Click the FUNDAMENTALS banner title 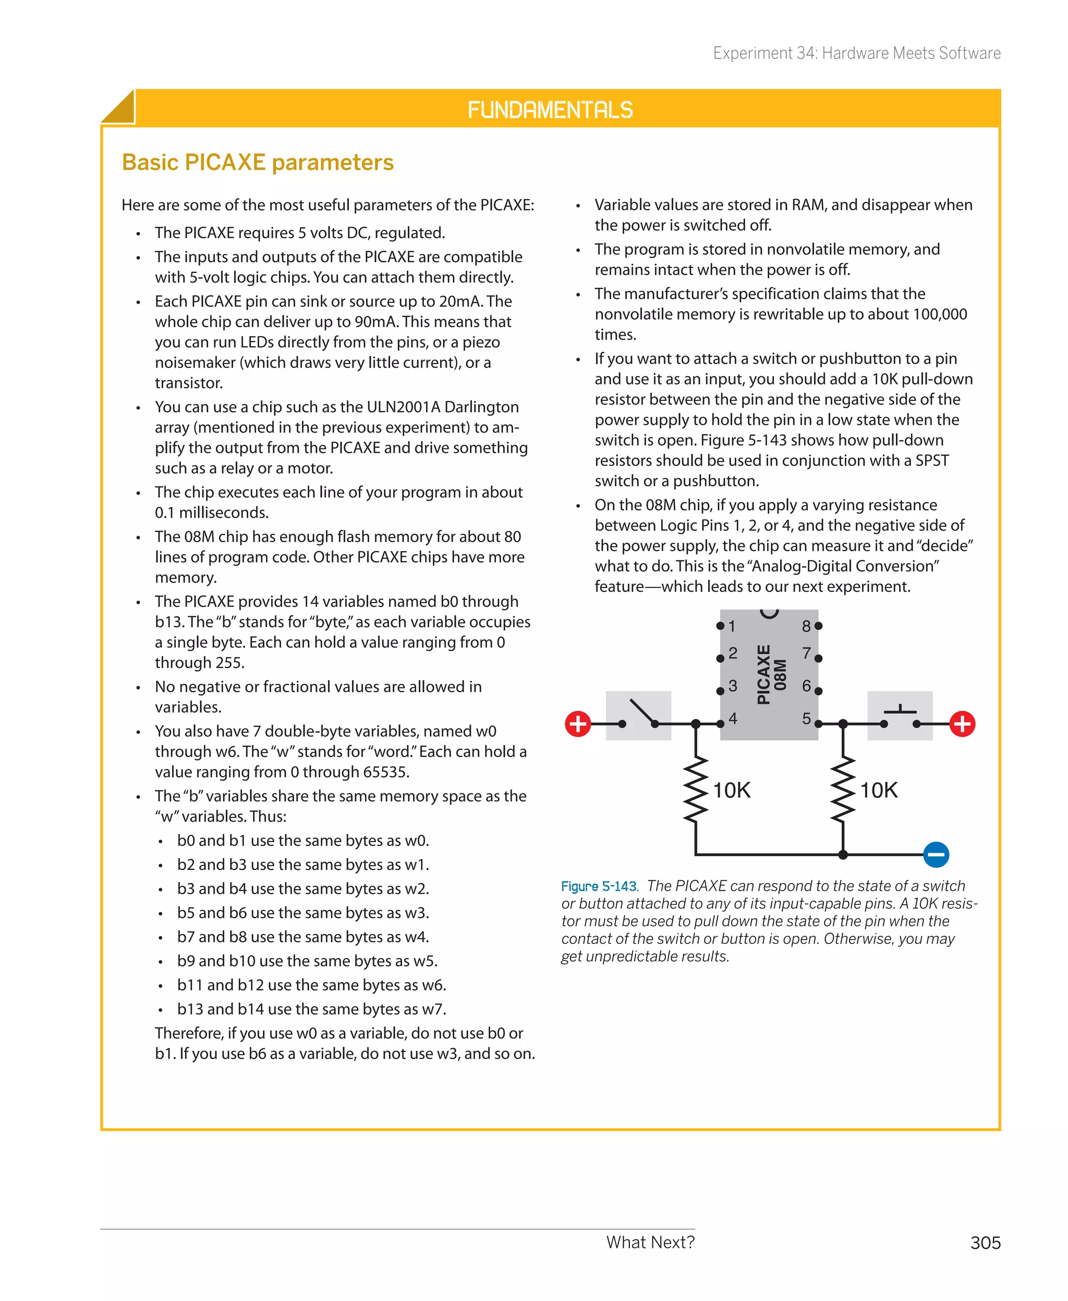pyautogui.click(x=550, y=110)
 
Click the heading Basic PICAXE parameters pyautogui.click(x=258, y=162)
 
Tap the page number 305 pyautogui.click(x=985, y=1243)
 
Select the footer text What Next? pyautogui.click(x=650, y=1242)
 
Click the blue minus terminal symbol pyautogui.click(x=936, y=855)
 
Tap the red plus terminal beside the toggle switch pyautogui.click(x=578, y=723)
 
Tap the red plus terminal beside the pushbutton pyautogui.click(x=962, y=723)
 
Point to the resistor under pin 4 pyautogui.click(x=696, y=790)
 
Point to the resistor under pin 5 pyautogui.click(x=843, y=790)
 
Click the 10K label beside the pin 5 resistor pyautogui.click(x=879, y=790)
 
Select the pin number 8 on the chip pyautogui.click(x=806, y=627)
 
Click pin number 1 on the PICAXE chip pyautogui.click(x=732, y=627)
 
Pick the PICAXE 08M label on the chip pyautogui.click(x=771, y=674)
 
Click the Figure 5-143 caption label pyautogui.click(x=599, y=886)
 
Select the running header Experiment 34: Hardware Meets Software pyautogui.click(x=856, y=54)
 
